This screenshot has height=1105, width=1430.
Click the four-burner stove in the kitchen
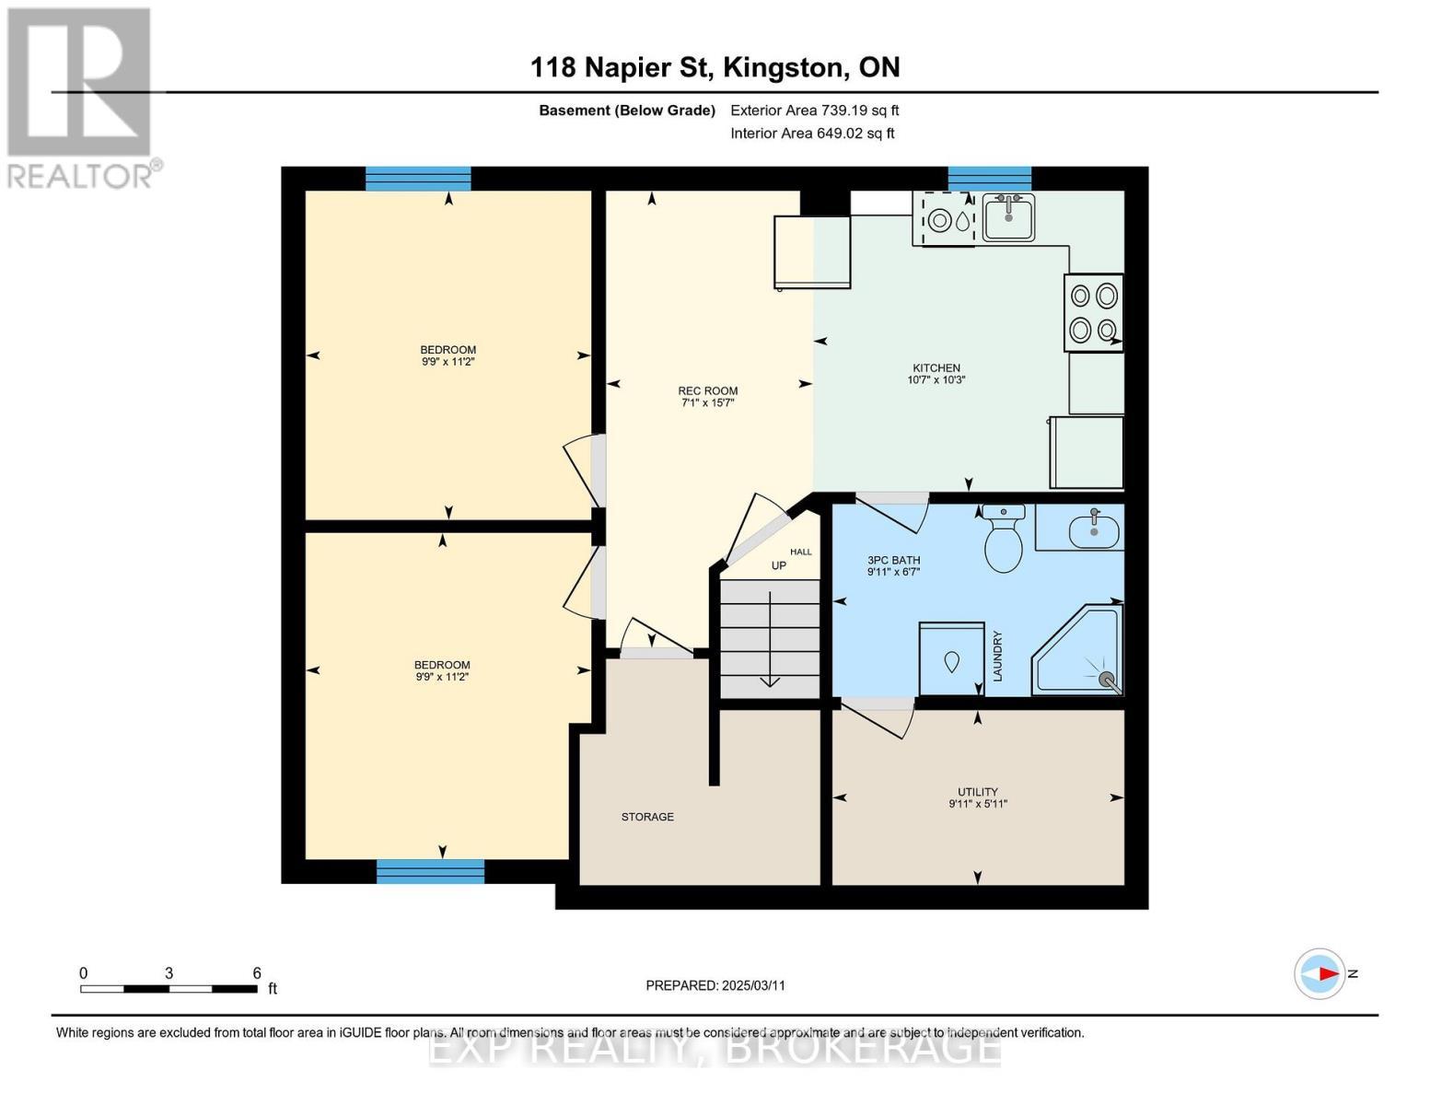tap(1093, 312)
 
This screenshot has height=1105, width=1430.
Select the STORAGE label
tap(647, 817)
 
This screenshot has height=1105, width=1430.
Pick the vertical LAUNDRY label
tap(997, 656)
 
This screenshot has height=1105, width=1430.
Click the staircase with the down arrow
tap(769, 638)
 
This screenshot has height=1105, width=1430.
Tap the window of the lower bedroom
tap(430, 871)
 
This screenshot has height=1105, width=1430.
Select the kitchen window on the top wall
tap(989, 179)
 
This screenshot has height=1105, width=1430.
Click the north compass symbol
tap(1320, 973)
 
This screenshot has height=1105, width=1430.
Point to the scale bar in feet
tap(169, 988)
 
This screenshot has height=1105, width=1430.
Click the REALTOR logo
tap(81, 97)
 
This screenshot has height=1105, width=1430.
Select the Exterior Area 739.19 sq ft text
tap(814, 110)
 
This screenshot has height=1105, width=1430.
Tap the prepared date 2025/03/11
tap(715, 985)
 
